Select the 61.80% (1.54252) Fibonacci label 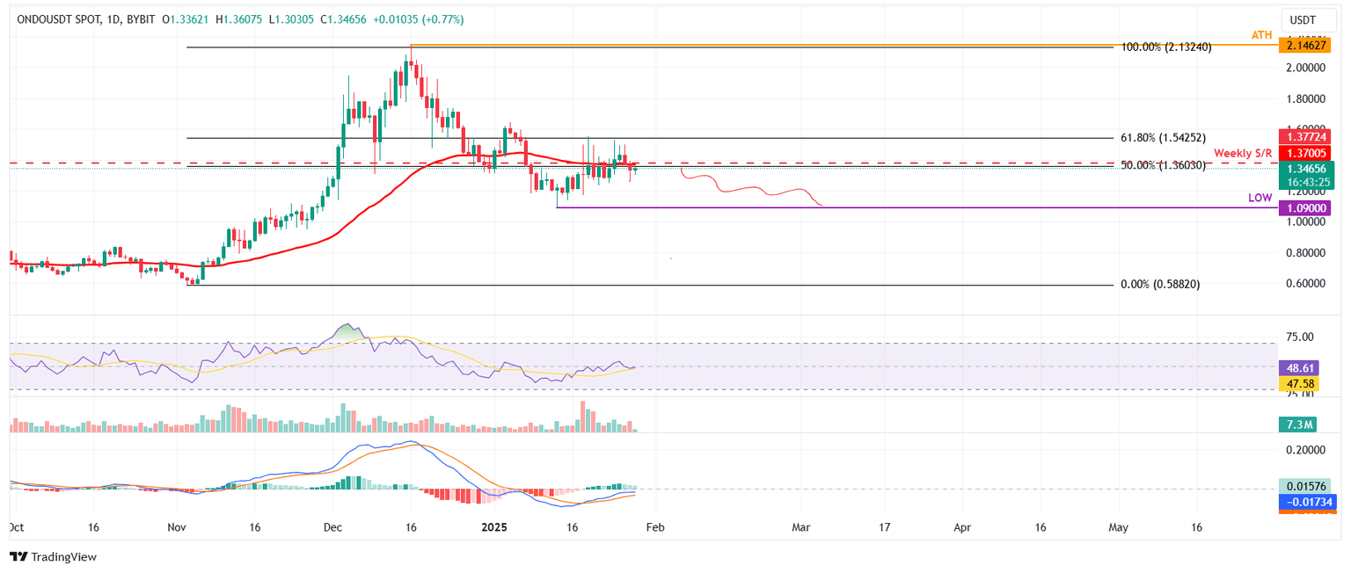[x=1163, y=138]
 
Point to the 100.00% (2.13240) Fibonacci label [x=1165, y=47]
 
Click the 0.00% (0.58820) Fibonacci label [x=1160, y=285]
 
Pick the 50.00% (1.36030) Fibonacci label [x=1163, y=165]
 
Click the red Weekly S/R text [x=1244, y=153]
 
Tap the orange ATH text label [x=1262, y=34]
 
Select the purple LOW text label [x=1260, y=199]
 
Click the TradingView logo [x=53, y=557]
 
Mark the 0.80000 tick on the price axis [x=1298, y=253]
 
